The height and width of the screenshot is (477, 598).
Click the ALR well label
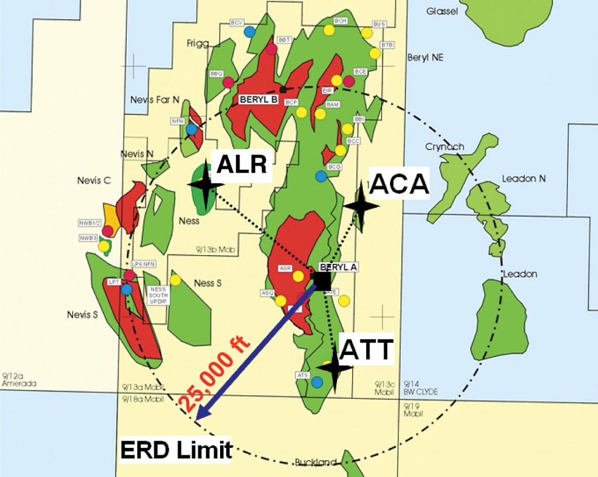[x=241, y=165]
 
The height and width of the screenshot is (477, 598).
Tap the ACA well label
[x=399, y=184]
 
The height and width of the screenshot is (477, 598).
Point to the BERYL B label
[x=258, y=100]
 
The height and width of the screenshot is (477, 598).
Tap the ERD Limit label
[x=176, y=450]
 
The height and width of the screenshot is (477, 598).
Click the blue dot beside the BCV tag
[x=249, y=31]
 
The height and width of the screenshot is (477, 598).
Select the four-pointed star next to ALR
[x=206, y=184]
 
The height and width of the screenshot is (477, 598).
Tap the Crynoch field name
[x=445, y=147]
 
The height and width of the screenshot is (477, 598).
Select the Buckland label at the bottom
[x=315, y=462]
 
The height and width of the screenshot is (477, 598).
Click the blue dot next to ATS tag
[x=317, y=382]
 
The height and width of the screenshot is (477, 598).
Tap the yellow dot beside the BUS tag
[x=367, y=33]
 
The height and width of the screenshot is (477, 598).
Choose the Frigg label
[x=197, y=44]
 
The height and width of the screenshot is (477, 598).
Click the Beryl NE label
[x=425, y=57]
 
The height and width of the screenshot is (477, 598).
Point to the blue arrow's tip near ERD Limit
[x=198, y=419]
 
